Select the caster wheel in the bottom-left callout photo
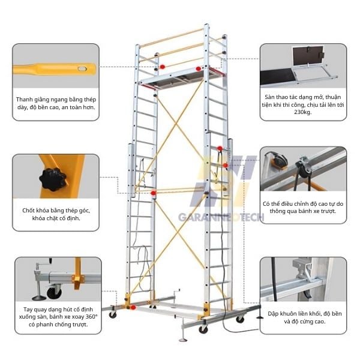53,293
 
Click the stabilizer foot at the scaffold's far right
259,316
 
